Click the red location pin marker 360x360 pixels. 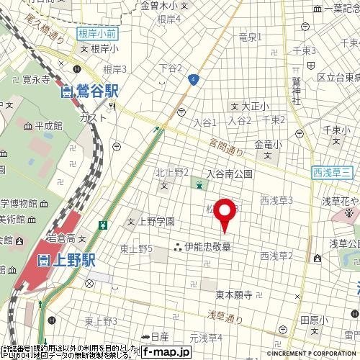(x=226, y=210)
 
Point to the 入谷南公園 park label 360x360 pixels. (x=229, y=174)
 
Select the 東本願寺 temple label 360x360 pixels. (x=233, y=295)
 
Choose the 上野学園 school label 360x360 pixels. (x=155, y=222)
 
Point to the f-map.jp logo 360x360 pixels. (x=165, y=352)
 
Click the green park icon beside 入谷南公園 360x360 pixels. (x=197, y=186)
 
